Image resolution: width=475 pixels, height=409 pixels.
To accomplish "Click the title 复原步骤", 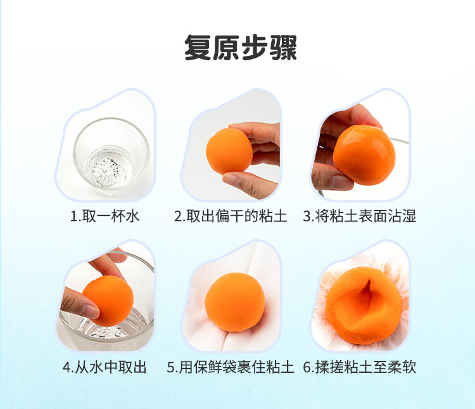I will [x=240, y=48].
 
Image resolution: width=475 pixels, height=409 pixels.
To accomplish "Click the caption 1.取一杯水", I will [x=104, y=216].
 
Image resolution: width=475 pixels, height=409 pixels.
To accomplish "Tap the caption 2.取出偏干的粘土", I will [x=231, y=216].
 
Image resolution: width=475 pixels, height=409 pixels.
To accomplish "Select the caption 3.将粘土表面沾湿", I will [x=359, y=216].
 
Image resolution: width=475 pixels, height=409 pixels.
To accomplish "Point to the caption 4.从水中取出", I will [x=104, y=367].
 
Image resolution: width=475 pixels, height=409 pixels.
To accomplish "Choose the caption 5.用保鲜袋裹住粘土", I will [x=231, y=367].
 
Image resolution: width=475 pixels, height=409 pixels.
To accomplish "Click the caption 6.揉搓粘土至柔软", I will [x=359, y=367].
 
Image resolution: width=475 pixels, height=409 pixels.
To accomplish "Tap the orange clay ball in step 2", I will [x=229, y=151].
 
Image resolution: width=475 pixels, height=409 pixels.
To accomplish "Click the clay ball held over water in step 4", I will [x=108, y=300].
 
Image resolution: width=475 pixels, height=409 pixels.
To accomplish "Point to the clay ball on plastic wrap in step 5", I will [x=235, y=302].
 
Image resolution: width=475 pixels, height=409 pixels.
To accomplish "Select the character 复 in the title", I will [x=198, y=48].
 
